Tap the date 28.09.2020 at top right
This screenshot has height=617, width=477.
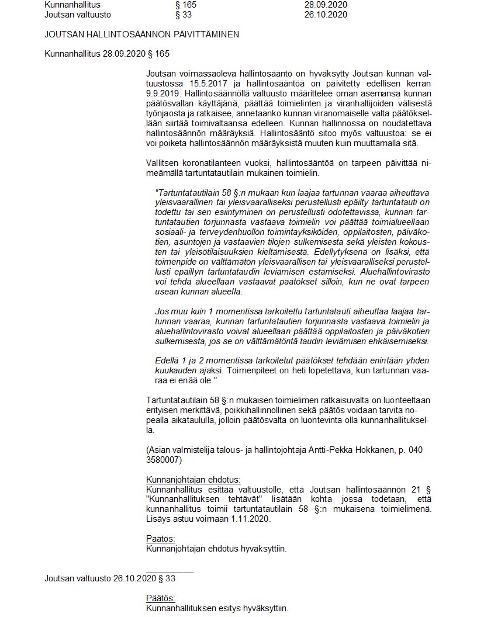pyautogui.click(x=326, y=5)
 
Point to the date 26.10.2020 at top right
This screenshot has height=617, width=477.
pyautogui.click(x=326, y=15)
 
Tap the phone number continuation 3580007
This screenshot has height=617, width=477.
pyautogui.click(x=165, y=460)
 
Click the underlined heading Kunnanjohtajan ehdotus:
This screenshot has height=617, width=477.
pyautogui.click(x=193, y=480)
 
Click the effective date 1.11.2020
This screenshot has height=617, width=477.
pyautogui.click(x=252, y=518)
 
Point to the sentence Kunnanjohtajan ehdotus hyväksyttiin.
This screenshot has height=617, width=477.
pyautogui.click(x=216, y=548)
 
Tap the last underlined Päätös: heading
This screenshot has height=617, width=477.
pyautogui.click(x=160, y=598)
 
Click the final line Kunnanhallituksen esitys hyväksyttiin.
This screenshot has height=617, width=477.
pyautogui.click(x=217, y=608)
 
